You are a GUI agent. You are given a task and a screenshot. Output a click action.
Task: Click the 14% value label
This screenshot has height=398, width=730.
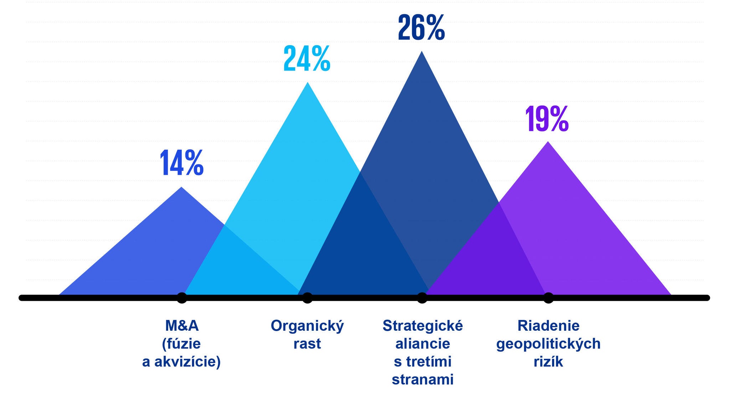point(182,163)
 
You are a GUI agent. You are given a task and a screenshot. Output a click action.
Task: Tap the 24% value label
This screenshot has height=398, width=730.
point(307,59)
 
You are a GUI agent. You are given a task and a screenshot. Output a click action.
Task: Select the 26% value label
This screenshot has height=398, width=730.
point(421,27)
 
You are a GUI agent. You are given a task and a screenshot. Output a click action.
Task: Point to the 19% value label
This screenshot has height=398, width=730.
point(547,119)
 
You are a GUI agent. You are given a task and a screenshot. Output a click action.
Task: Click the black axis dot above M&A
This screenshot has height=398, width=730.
point(182,298)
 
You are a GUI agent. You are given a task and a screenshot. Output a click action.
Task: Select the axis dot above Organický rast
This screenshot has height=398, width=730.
point(307,298)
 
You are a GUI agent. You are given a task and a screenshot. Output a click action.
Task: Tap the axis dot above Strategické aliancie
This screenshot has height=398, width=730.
point(422,298)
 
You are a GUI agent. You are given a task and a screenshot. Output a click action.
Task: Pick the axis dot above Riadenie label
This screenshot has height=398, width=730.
point(548,298)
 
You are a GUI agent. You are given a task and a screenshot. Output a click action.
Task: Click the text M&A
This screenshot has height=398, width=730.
point(182,325)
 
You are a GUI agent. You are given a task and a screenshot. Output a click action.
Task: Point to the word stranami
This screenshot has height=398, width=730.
point(423,379)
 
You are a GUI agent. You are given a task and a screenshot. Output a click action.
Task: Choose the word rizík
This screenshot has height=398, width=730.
point(548,362)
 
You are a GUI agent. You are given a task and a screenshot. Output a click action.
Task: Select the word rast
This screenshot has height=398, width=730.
point(307,344)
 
